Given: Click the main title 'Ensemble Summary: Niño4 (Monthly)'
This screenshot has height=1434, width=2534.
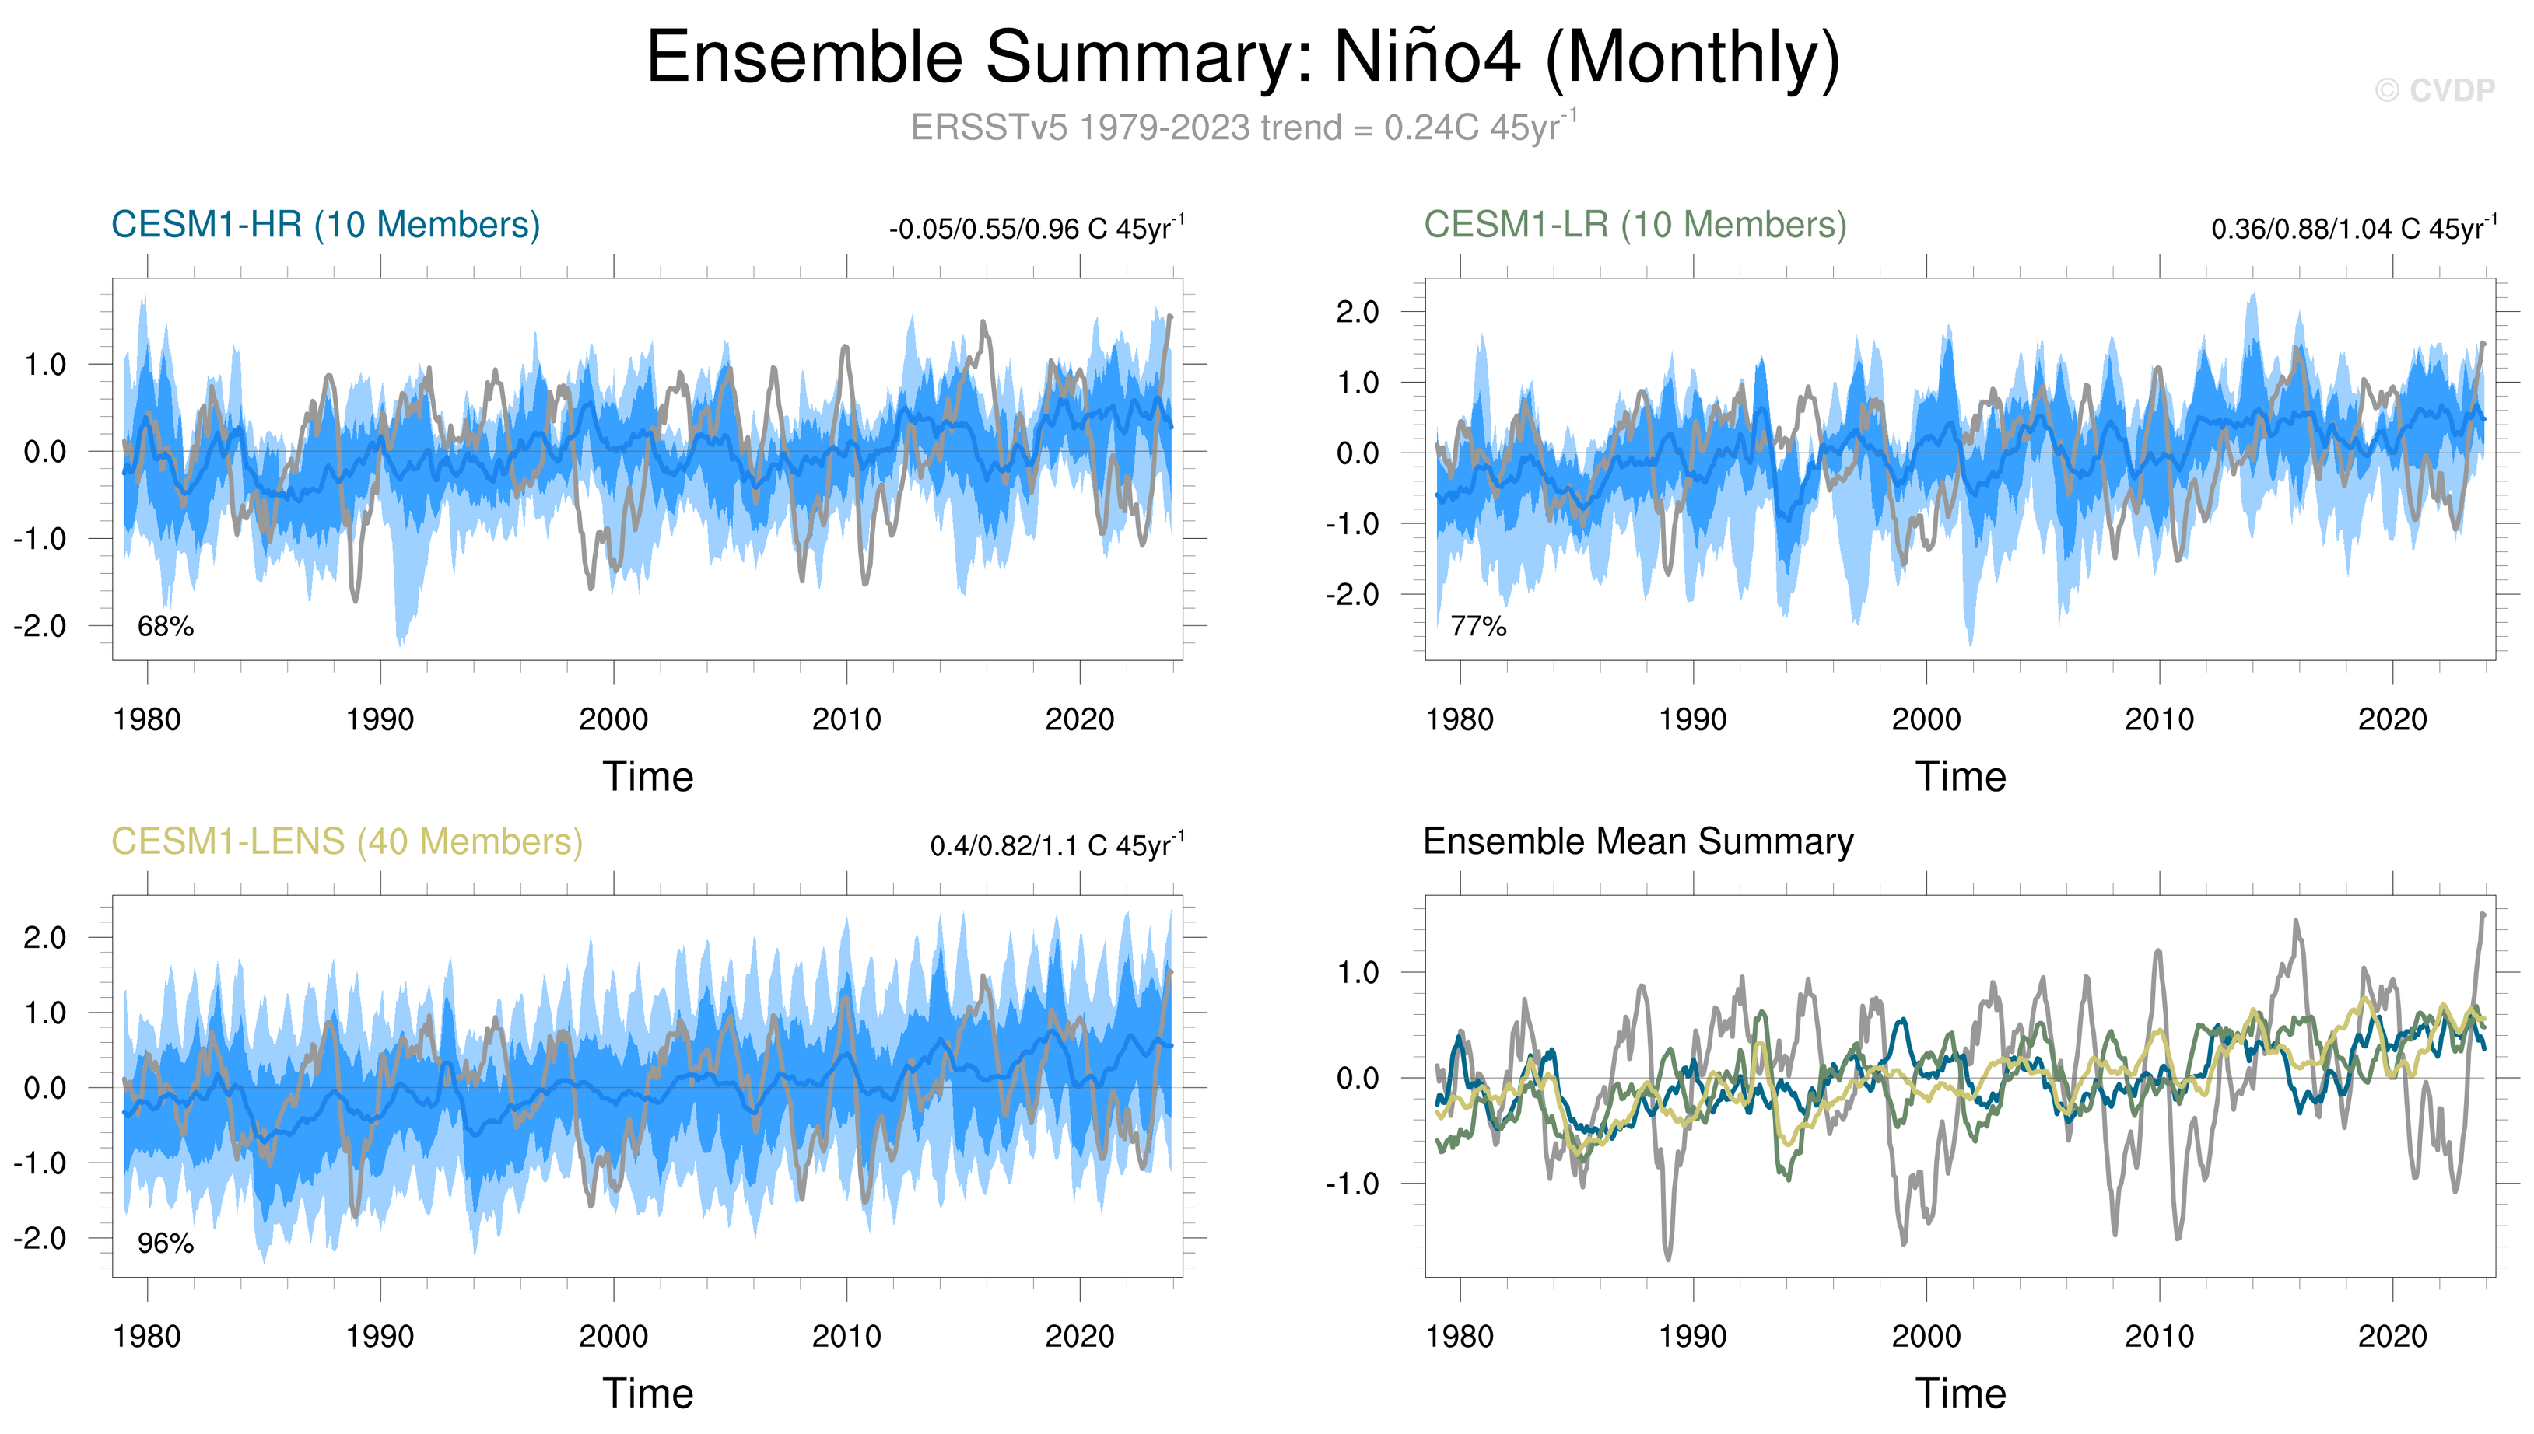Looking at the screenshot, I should click(1242, 57).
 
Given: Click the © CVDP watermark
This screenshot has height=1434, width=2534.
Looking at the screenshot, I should click(2434, 91).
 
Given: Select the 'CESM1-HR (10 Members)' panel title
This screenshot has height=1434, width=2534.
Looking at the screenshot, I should click(325, 225).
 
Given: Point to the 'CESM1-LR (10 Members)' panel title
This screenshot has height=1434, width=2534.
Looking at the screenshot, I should click(1635, 225).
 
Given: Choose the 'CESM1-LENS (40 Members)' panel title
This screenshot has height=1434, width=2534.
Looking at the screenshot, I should click(347, 841).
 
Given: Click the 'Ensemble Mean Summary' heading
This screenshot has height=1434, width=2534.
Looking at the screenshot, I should click(1639, 841).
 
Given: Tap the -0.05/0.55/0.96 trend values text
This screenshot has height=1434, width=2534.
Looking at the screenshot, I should click(1036, 229).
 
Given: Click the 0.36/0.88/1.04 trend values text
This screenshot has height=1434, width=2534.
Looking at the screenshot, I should click(2354, 229).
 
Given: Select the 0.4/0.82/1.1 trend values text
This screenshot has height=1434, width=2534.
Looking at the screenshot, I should click(1057, 845).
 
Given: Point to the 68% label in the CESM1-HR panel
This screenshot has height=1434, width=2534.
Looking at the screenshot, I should click(166, 626).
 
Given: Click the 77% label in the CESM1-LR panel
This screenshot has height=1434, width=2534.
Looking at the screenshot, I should click(1479, 626).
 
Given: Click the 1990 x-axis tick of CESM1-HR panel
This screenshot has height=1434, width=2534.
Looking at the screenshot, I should click(380, 720).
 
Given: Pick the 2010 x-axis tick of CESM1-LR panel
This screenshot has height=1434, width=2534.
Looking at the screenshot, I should click(2160, 720).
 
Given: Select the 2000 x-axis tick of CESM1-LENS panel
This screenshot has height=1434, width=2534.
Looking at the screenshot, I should click(614, 1337).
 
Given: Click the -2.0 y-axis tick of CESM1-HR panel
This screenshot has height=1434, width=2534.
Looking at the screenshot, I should click(40, 625).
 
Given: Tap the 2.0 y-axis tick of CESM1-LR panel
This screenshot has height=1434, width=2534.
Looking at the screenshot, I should click(1358, 312).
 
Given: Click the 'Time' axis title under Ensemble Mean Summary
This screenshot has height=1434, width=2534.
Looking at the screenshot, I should click(1961, 1394).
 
